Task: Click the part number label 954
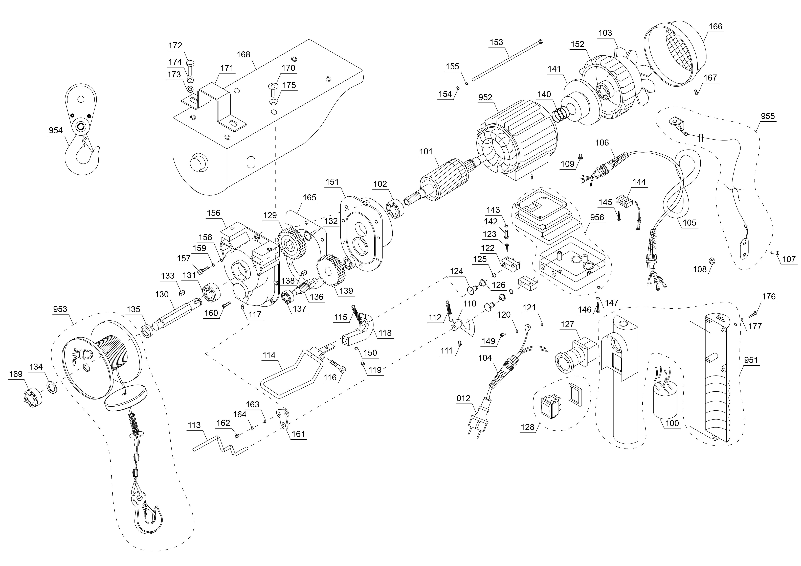click(x=55, y=130)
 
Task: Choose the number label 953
click(x=60, y=309)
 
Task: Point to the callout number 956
click(x=597, y=217)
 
